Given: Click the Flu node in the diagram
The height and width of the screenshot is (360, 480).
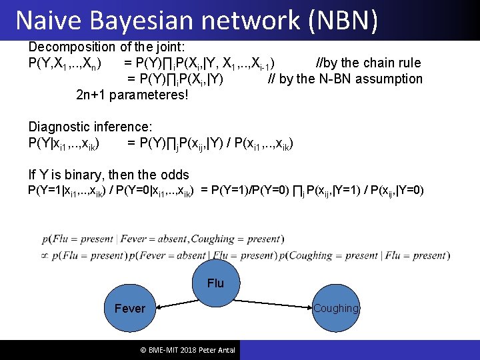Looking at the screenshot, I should [215, 283].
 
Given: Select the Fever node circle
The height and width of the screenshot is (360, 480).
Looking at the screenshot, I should [129, 309].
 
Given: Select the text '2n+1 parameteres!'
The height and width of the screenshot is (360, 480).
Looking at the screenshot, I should [132, 95].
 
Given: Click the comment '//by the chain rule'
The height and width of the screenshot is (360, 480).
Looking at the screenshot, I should [367, 63].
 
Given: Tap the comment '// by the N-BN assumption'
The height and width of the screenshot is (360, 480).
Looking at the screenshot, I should [345, 79].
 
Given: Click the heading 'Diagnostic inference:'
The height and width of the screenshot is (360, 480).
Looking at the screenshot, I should [90, 127].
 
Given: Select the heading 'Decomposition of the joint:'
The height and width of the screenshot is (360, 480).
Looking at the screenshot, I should [106, 47].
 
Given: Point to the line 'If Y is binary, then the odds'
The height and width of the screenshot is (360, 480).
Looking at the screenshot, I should [109, 175].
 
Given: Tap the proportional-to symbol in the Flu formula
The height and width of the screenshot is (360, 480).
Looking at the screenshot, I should [45, 255].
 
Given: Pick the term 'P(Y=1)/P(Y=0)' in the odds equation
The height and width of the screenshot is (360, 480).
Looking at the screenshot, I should [251, 191].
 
